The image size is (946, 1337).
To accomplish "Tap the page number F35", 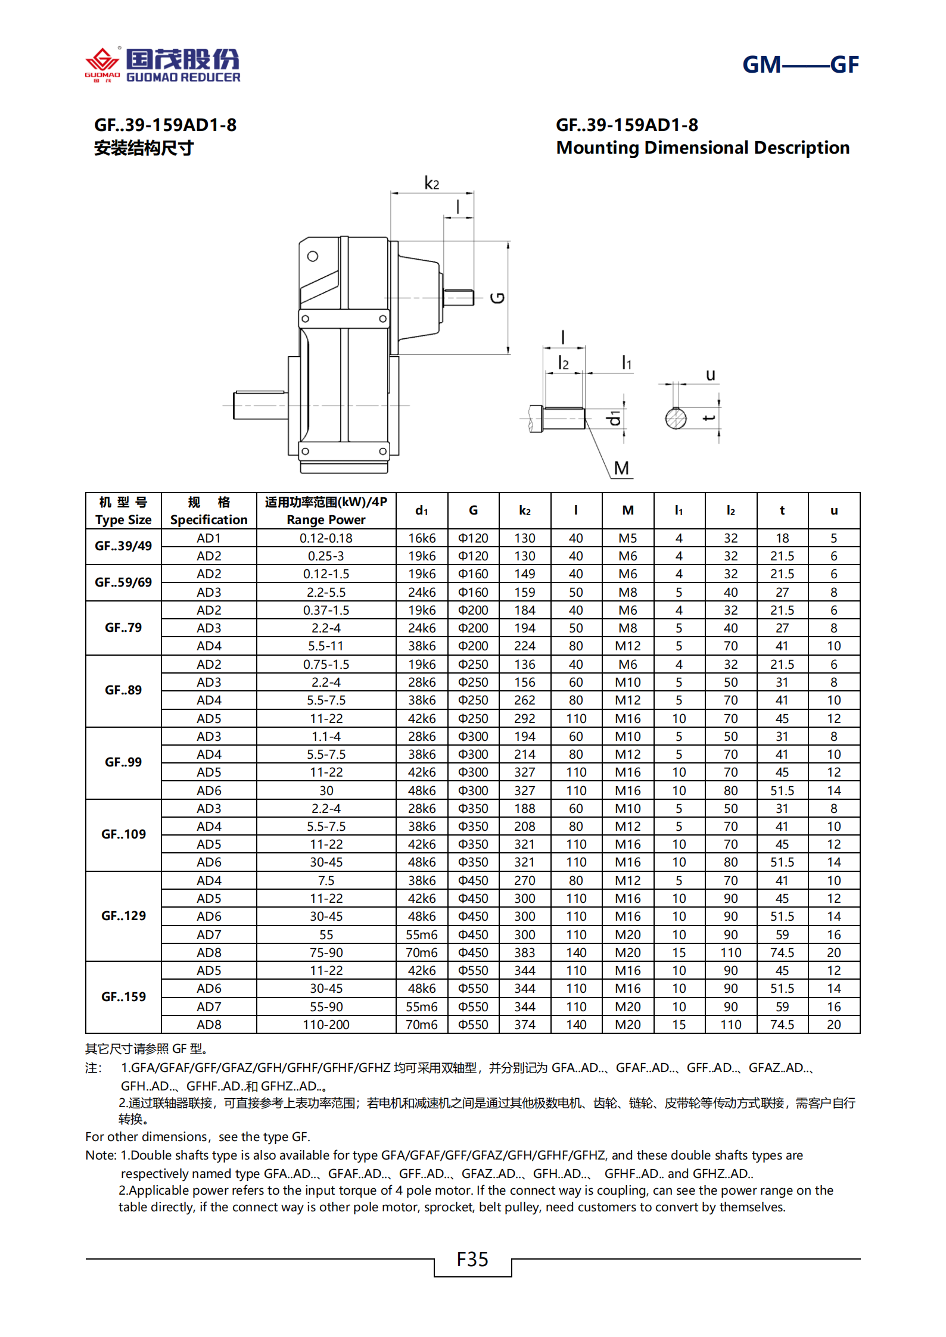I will click(x=472, y=1260).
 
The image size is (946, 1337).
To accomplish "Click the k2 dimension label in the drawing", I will click(x=431, y=183).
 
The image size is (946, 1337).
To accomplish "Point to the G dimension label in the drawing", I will click(x=497, y=298).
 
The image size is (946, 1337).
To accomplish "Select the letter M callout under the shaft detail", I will click(x=621, y=468).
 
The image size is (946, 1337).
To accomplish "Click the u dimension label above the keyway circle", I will click(x=710, y=375).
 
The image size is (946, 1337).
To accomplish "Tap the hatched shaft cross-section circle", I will click(x=676, y=418).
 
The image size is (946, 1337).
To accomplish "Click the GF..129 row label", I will click(x=123, y=916).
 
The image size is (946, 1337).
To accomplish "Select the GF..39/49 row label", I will click(x=123, y=546).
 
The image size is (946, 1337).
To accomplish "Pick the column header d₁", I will click(x=421, y=510).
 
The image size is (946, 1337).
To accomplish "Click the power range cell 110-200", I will click(x=326, y=1024).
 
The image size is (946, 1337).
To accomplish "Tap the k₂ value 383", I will click(x=525, y=952).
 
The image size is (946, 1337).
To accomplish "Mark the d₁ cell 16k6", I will click(x=421, y=538).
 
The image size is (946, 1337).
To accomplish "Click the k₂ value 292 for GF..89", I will click(x=525, y=718).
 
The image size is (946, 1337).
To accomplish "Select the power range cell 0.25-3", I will click(x=326, y=556).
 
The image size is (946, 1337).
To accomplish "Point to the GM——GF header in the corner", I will click(x=800, y=65).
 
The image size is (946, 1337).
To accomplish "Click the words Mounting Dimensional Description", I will click(x=703, y=148).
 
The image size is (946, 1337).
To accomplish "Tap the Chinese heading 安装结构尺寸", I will click(x=144, y=148).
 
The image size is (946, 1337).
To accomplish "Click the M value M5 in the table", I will click(x=627, y=538).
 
